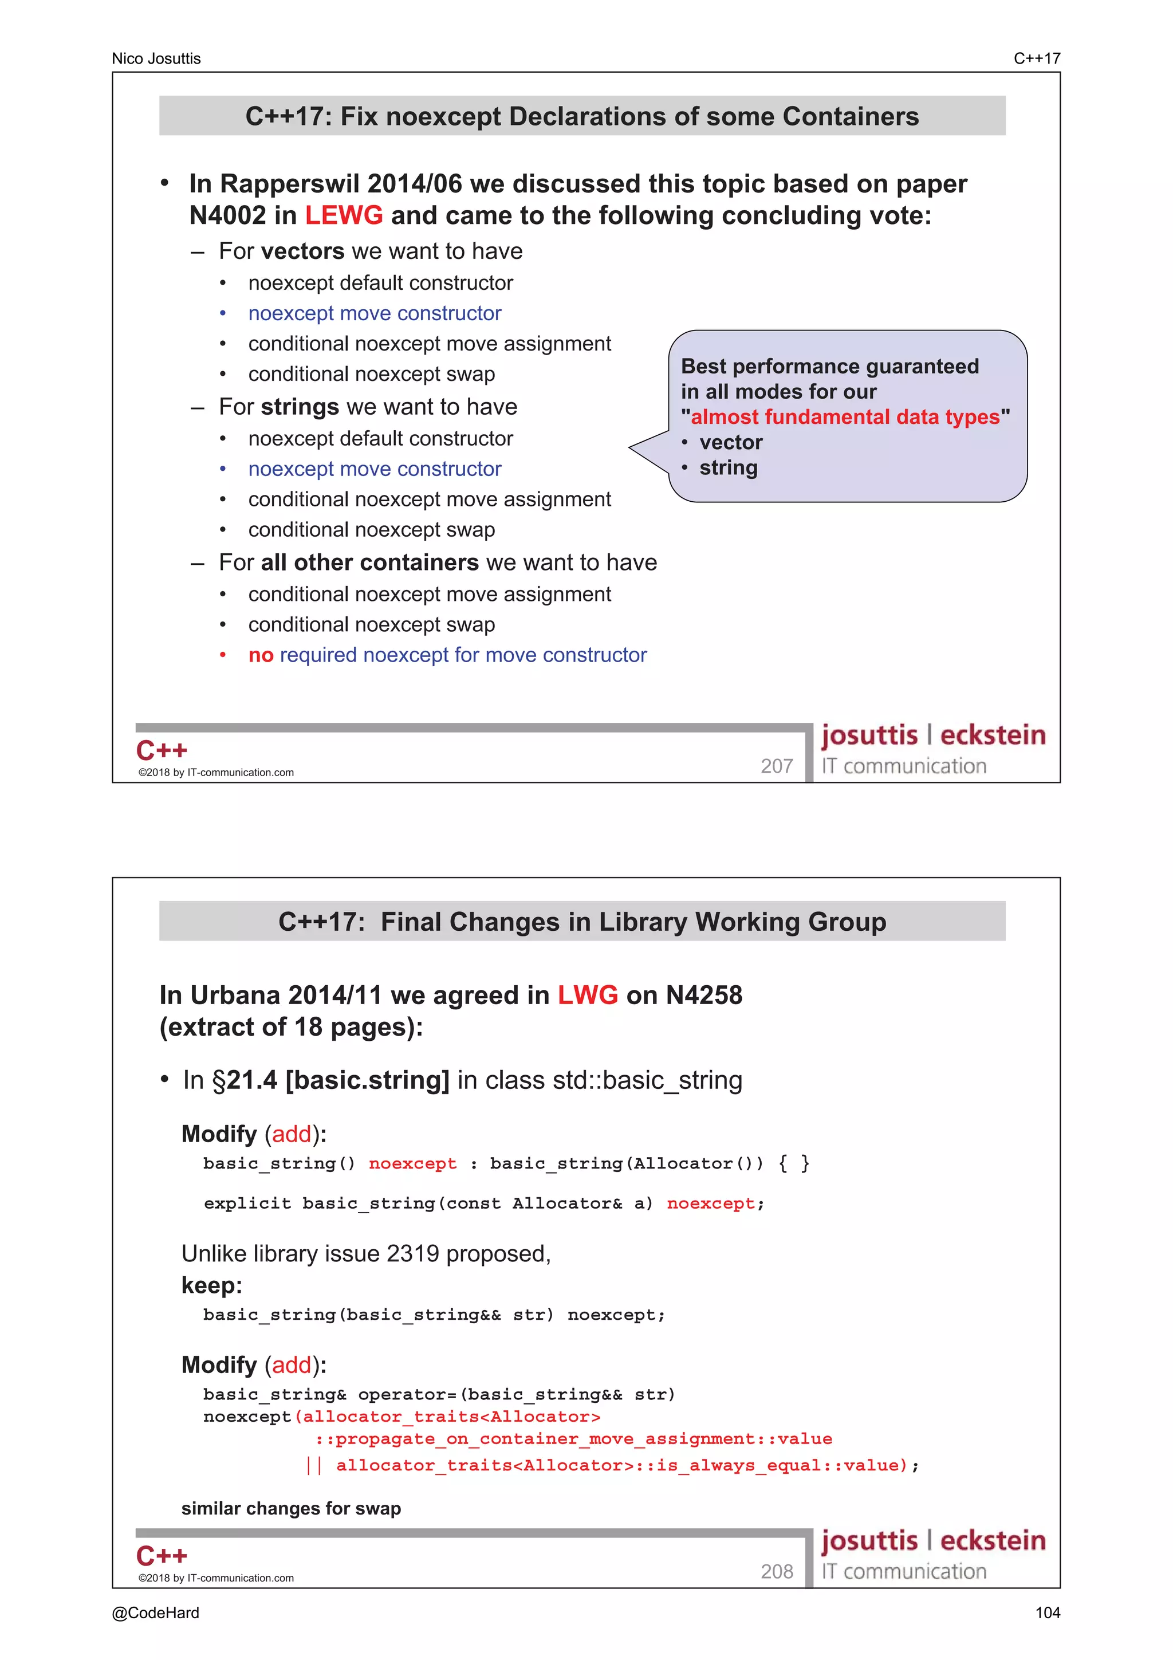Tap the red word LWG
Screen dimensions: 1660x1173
pos(587,996)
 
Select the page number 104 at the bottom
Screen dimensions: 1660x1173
pos(1046,1613)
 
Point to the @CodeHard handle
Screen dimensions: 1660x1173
pos(155,1613)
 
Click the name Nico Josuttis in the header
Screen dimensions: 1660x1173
pos(156,58)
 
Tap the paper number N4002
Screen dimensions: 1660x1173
pos(227,215)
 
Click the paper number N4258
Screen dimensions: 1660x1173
pos(703,996)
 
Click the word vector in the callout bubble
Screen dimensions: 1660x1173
pos(731,442)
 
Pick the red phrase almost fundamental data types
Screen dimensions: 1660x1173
pos(845,417)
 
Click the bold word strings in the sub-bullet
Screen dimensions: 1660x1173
pos(300,407)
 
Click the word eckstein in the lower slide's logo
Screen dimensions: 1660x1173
pos(993,1541)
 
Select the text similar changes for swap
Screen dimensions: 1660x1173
pos(290,1509)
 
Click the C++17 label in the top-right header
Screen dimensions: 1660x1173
pos(1037,58)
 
